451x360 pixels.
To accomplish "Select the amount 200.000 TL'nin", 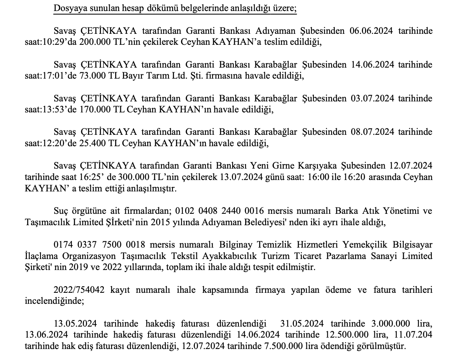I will tap(101, 43).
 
